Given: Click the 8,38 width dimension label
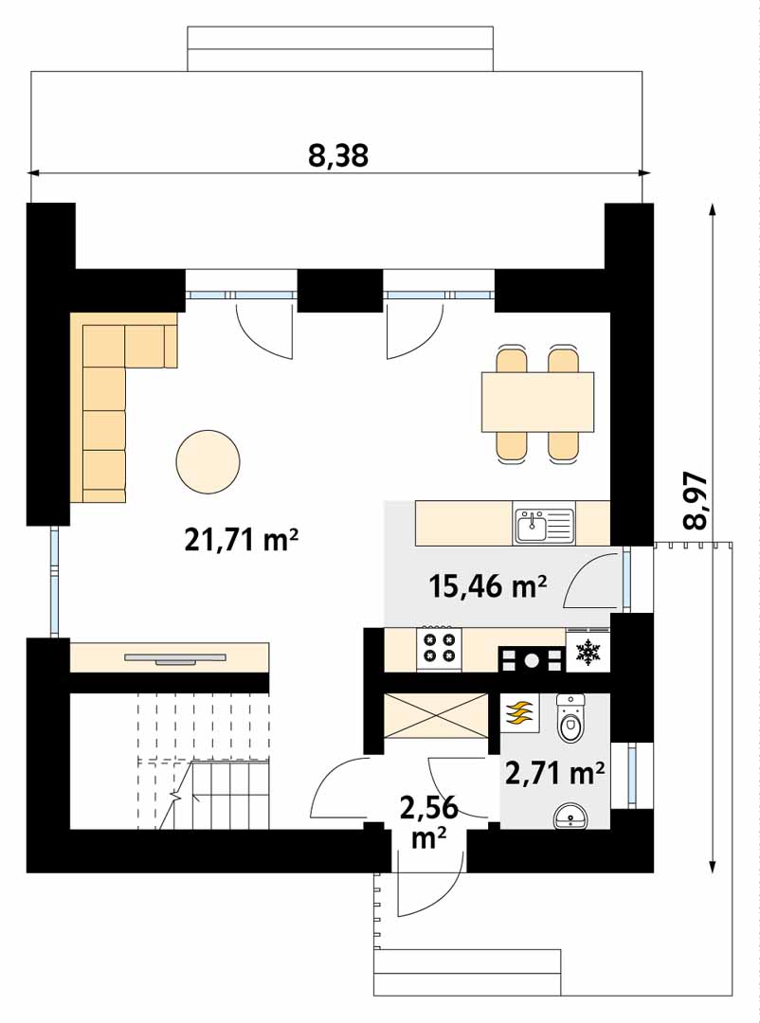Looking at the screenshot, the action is pos(338,156).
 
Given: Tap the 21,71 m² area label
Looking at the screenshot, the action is pos(242,540).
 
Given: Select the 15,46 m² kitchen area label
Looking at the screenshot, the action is pos(487,586).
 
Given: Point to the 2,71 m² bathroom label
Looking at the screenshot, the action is pos(554,774).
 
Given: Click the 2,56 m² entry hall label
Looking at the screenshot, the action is pos(428,822).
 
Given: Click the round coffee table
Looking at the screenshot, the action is pos(208,462).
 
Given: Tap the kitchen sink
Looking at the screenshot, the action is pos(543,525).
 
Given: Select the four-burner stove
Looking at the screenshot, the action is pos(440,649).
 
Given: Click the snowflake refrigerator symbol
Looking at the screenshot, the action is pos(588,651).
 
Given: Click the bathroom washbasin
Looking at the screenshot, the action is pos(570,817).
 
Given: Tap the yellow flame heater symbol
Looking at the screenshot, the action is pos(519,713).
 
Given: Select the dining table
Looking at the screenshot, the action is pos(538,402).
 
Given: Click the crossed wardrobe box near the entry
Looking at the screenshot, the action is pos(436,717).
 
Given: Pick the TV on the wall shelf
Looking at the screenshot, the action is pos(175,659).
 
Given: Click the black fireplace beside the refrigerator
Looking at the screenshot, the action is pos(532,659).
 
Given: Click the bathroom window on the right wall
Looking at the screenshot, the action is pos(631,775).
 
